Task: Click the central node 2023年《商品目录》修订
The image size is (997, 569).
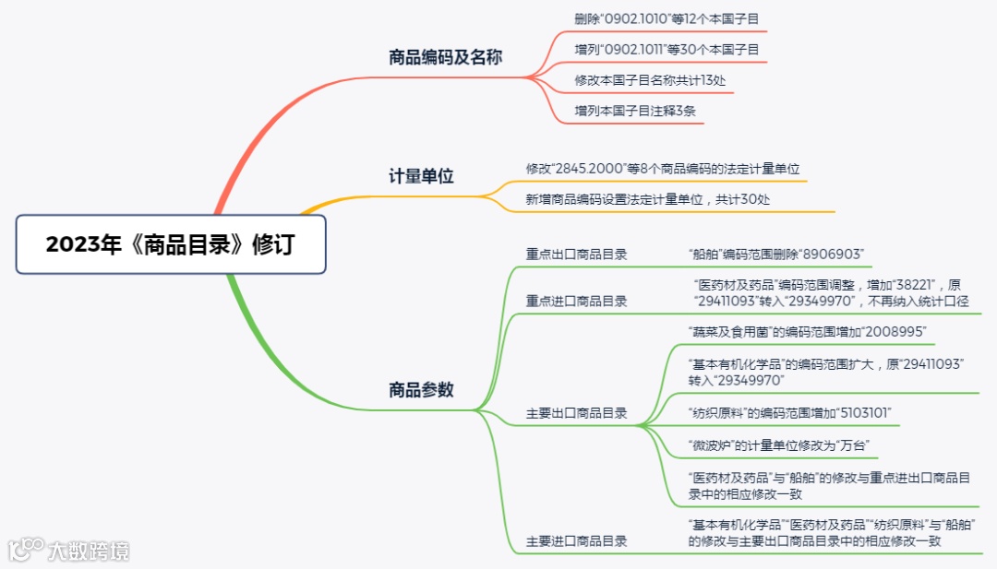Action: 171,244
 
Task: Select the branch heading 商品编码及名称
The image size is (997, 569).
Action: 445,57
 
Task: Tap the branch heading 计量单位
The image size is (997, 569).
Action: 421,176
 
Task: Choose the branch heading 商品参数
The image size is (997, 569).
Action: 421,389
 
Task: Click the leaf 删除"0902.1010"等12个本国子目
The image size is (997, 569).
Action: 669,18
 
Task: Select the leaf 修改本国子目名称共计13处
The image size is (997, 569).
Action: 650,80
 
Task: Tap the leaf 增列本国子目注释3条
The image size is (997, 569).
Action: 635,111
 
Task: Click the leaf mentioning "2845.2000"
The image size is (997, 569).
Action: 662,169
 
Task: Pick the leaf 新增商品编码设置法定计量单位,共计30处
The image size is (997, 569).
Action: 647,199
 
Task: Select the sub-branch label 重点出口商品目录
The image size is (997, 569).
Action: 576,254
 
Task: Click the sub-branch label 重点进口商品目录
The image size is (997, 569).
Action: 576,301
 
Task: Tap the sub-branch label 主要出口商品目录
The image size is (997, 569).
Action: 576,413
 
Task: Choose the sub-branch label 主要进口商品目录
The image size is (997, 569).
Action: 576,541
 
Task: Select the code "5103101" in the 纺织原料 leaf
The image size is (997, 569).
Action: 860,412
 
